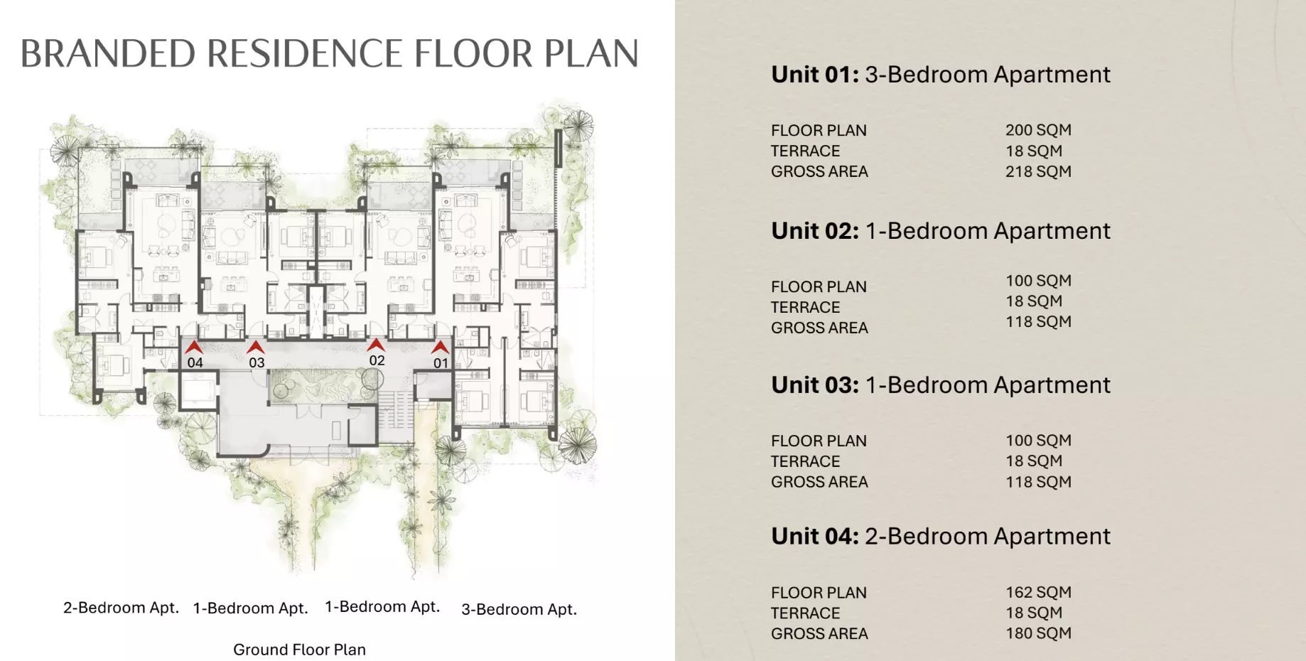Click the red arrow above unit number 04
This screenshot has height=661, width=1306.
194,347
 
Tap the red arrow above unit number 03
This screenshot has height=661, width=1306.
256,347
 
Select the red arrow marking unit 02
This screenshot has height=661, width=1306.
376,345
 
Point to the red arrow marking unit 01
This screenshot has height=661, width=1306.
441,347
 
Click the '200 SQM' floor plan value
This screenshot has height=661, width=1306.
1038,130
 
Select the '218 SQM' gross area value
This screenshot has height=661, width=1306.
1038,171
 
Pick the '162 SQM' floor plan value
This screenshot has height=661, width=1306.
1038,592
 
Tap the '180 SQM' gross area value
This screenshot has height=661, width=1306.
1038,633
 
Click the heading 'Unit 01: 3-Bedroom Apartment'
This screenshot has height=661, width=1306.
941,75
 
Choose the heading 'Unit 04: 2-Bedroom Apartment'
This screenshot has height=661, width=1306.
941,537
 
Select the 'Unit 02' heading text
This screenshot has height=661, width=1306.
815,231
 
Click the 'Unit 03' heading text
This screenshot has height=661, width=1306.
815,385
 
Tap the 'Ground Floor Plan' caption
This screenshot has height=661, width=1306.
299,650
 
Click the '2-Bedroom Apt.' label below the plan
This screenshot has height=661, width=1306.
121,608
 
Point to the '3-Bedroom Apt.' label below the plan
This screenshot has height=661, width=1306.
519,609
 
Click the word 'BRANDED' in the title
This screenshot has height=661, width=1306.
108,53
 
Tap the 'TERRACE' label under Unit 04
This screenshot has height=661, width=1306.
805,613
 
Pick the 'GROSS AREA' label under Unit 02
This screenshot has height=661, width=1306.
819,328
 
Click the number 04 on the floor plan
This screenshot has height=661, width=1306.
195,362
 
